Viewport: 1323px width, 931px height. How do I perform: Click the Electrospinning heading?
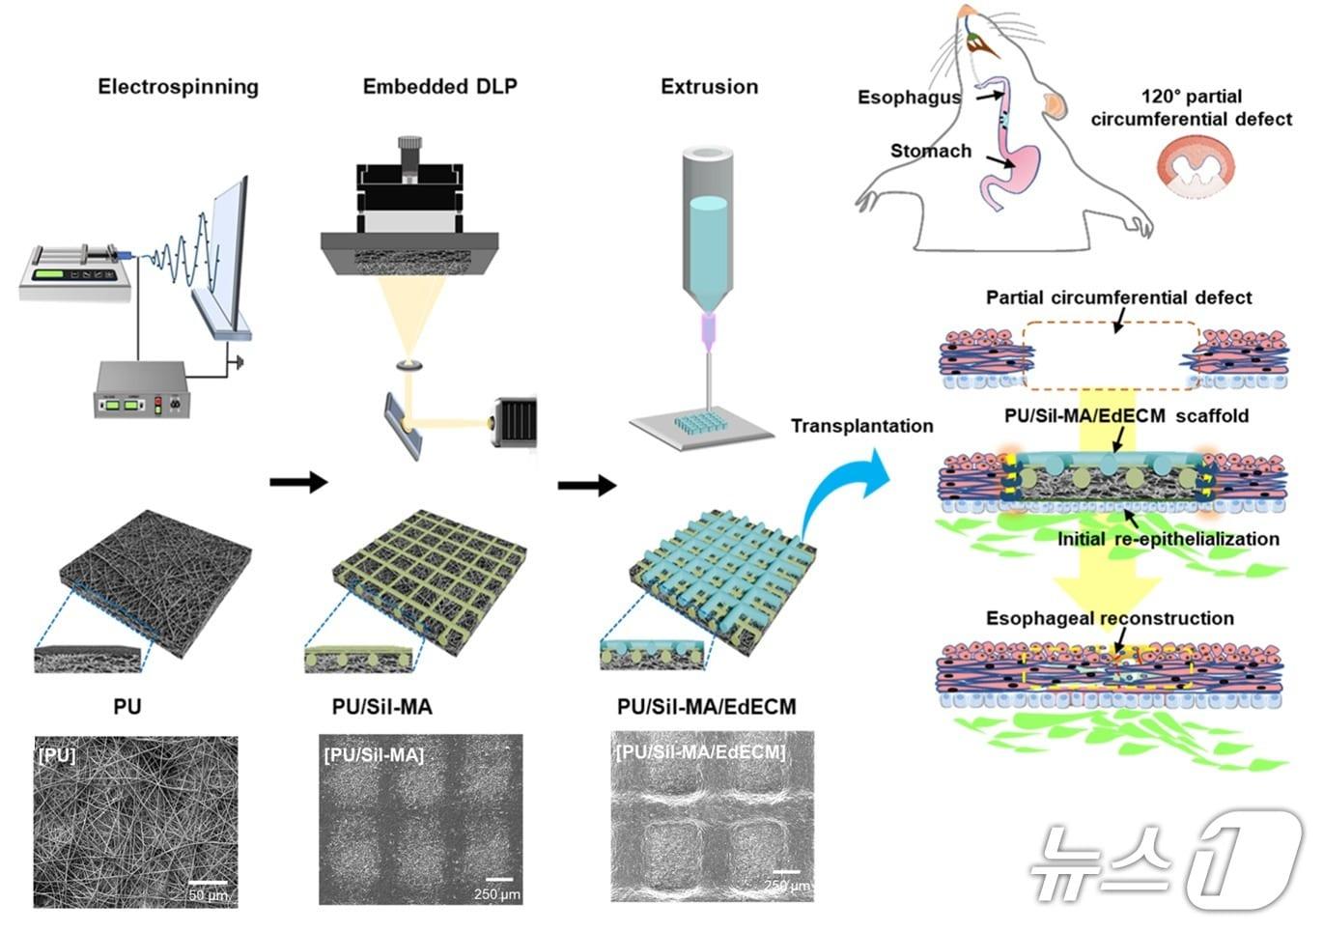point(178,87)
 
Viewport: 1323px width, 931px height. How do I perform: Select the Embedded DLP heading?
point(439,87)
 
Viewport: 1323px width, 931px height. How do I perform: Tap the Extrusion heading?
point(709,87)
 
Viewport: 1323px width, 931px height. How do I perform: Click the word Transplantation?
point(861,426)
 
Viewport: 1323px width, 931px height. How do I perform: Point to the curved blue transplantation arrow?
point(845,488)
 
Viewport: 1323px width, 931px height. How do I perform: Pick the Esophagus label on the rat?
point(909,97)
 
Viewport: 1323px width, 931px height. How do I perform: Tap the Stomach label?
point(930,151)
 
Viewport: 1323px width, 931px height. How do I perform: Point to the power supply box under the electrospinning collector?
point(139,390)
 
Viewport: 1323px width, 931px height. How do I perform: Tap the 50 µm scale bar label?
point(208,895)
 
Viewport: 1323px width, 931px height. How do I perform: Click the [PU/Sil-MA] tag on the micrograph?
point(374,755)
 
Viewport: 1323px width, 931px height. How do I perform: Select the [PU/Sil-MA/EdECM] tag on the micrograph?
point(700,751)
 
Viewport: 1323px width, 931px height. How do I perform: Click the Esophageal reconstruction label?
point(1110,618)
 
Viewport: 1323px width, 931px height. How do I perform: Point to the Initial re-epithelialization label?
point(1168,539)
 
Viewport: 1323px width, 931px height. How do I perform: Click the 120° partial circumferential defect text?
point(1191,108)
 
